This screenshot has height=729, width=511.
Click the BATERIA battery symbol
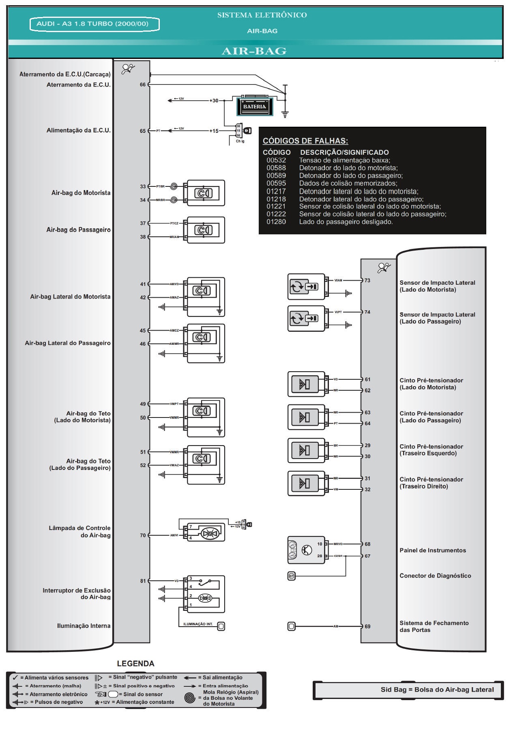254,106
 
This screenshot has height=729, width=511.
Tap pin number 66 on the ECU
142,84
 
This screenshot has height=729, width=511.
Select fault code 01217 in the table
276,191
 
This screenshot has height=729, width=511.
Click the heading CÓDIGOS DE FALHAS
305,141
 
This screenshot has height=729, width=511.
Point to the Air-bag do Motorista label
81,193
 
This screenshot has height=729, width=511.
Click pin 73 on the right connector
367,280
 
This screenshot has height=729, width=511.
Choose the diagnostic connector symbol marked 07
291,575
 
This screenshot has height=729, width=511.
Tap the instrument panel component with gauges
306,549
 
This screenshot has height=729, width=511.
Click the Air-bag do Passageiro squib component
204,230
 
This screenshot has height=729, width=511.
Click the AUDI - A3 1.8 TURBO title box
94,24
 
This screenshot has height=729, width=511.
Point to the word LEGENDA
135,664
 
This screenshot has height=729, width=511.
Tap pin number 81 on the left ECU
143,581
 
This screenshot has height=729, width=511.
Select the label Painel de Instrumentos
432,550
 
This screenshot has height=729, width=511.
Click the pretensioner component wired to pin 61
306,384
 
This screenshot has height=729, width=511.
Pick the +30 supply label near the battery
214,100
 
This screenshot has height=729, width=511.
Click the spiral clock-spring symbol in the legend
189,698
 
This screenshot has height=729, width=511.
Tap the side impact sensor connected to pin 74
306,318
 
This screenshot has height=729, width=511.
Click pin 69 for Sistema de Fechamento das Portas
367,626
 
